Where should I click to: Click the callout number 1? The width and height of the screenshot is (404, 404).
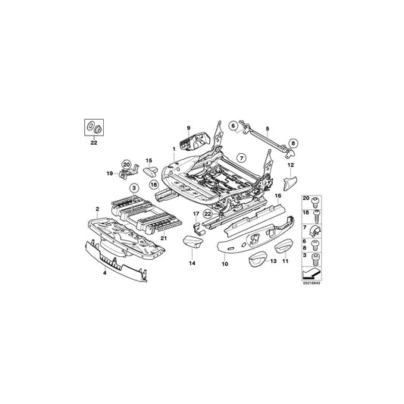(174, 149)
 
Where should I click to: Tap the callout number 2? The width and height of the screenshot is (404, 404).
(96, 208)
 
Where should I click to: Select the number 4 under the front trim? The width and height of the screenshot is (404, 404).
(104, 271)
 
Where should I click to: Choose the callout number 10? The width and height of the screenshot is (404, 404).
(224, 264)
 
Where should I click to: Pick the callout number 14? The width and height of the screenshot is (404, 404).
(193, 262)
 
